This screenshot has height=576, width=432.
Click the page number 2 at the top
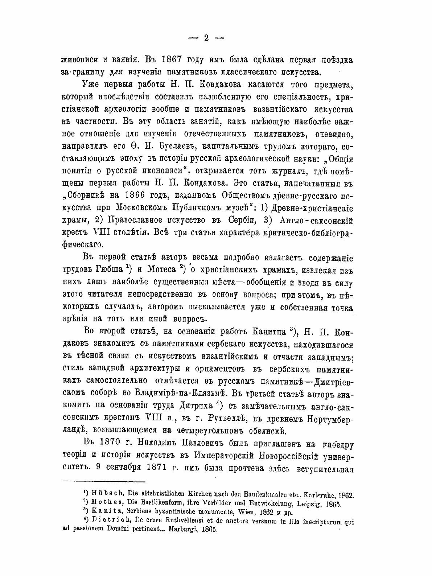tap(206, 38)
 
